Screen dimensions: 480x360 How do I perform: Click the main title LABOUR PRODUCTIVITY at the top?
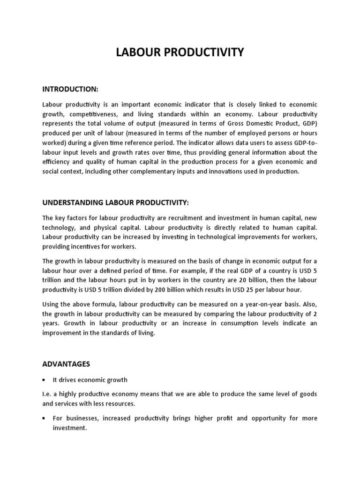(180, 52)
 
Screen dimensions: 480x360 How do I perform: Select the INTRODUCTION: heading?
(70, 89)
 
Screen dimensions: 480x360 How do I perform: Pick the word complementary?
(151, 171)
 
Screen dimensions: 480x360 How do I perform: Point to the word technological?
(218, 237)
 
